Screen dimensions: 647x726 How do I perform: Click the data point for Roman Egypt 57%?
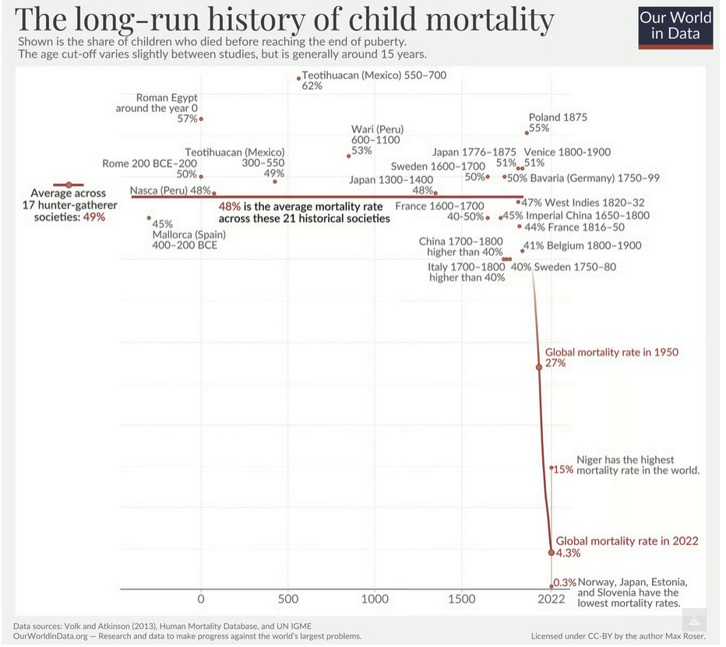(201, 118)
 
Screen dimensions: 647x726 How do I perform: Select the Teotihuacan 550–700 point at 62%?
(298, 78)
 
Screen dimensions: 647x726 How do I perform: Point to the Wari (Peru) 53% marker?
(348, 156)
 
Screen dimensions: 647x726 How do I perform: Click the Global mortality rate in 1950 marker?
(538, 366)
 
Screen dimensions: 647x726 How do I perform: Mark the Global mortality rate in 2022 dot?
(552, 552)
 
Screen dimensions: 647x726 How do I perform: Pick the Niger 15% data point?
(551, 468)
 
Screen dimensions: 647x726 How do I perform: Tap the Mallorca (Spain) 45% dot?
(149, 218)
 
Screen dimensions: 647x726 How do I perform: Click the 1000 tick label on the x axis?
(375, 599)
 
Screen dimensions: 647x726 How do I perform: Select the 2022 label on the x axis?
(551, 599)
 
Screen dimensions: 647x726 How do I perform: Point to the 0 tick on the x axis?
(201, 599)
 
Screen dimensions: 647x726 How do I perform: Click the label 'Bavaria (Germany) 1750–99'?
(594, 179)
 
